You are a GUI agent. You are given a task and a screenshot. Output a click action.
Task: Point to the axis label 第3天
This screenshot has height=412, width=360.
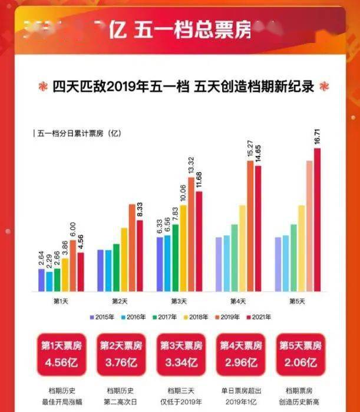click(179, 301)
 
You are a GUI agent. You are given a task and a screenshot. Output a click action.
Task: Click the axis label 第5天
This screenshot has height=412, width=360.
click(297, 301)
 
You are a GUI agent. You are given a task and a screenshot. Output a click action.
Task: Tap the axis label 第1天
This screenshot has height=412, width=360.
click(61, 301)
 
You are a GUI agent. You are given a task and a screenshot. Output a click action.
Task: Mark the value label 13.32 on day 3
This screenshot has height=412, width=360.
click(191, 166)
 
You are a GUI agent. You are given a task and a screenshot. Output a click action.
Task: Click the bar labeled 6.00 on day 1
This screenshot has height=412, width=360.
click(73, 265)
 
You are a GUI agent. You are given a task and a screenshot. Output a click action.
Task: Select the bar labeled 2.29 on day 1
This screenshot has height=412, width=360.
click(49, 281)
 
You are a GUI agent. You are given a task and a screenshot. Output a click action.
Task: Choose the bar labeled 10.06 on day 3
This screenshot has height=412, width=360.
click(183, 248)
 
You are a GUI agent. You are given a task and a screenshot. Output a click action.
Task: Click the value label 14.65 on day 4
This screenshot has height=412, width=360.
click(257, 154)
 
